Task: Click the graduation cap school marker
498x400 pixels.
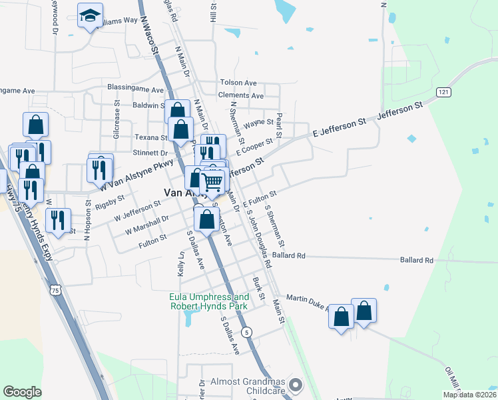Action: [90, 17]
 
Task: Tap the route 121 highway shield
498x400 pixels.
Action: [444, 91]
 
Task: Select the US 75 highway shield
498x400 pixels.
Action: [57, 290]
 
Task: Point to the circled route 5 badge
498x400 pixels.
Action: [247, 331]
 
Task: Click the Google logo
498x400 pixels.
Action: [22, 392]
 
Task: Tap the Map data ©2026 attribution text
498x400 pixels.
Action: [469, 395]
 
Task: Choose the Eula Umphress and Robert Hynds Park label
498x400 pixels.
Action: [209, 301]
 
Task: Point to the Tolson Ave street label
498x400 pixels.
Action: [238, 83]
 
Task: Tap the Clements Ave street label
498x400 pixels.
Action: [241, 95]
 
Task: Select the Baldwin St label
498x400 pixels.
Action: [148, 105]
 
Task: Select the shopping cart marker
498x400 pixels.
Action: [212, 181]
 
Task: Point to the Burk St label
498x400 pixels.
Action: [259, 288]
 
